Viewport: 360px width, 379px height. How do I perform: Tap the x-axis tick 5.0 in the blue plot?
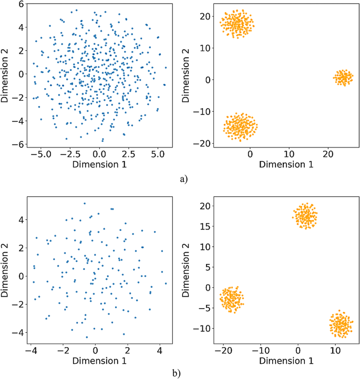pos(157,155)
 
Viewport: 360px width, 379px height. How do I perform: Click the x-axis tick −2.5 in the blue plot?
pos(70,155)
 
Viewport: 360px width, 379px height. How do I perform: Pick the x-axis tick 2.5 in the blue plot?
pos(128,155)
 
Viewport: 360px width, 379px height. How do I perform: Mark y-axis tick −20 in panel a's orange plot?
pos(202,144)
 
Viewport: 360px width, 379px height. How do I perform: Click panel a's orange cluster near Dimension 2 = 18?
pos(236,24)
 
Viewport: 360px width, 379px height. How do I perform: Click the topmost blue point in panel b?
pos(84,203)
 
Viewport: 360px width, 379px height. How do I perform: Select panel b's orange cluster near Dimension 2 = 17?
pos(305,216)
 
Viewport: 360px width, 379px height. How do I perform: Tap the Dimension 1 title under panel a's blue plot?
pos(99,165)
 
